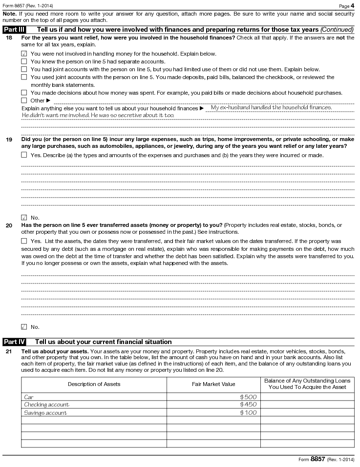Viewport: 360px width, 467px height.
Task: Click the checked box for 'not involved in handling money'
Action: (24, 54)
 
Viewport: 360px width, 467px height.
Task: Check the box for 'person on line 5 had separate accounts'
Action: (24, 61)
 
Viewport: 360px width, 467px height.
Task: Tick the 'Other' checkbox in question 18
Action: (24, 101)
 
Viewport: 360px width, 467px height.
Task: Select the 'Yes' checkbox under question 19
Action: (24, 155)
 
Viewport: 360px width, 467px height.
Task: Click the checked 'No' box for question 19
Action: (24, 218)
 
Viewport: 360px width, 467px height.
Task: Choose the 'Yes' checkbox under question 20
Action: (24, 241)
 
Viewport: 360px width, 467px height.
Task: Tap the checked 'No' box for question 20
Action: (24, 327)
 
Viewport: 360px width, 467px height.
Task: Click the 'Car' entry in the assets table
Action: (29, 397)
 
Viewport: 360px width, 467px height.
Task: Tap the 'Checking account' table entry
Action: (47, 405)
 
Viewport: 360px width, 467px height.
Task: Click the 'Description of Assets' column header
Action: (94, 384)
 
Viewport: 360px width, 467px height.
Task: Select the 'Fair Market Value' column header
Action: (213, 384)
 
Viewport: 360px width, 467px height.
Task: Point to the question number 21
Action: (9, 351)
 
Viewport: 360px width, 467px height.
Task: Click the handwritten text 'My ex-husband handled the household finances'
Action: (271, 107)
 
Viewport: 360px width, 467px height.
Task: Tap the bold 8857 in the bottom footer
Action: (318, 459)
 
